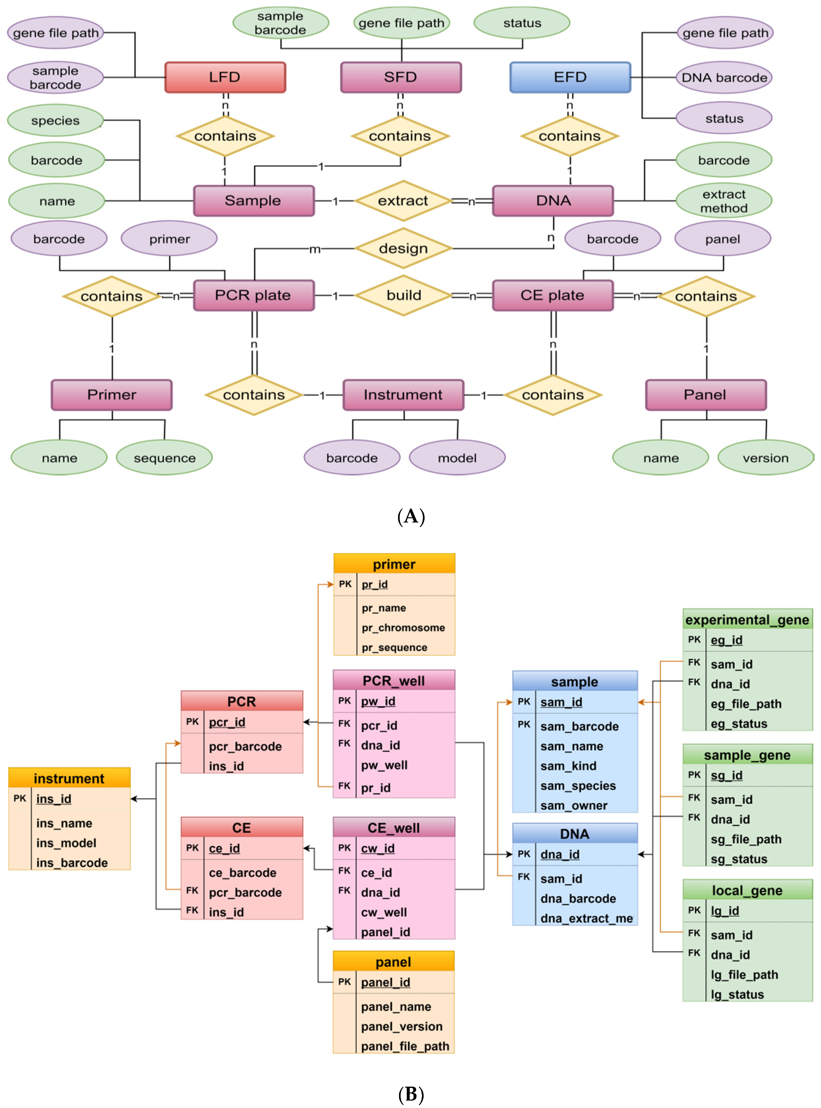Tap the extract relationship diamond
pyautogui.click(x=403, y=201)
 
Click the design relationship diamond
pyautogui.click(x=403, y=248)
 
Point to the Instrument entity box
pyautogui.click(x=403, y=395)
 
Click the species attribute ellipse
pyautogui.click(x=55, y=121)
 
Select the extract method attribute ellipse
pyautogui.click(x=724, y=201)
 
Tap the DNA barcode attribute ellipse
pyautogui.click(x=724, y=78)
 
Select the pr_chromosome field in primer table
pyautogui.click(x=403, y=628)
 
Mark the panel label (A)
pyautogui.click(x=411, y=517)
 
